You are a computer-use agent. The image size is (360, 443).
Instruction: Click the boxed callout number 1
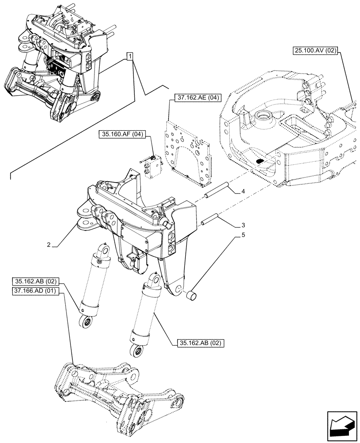[129, 56]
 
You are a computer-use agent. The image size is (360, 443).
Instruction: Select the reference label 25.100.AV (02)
[315, 51]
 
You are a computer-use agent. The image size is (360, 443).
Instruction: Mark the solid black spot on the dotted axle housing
[261, 161]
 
